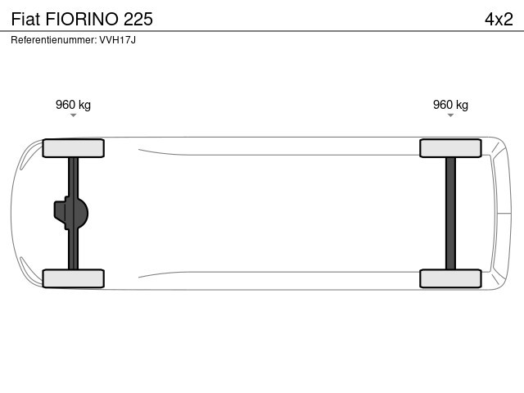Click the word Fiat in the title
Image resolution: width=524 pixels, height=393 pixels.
point(25,19)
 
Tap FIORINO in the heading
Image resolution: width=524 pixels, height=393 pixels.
point(82,19)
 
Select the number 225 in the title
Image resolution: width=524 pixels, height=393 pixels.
point(138,19)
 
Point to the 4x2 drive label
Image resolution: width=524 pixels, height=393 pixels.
point(499,19)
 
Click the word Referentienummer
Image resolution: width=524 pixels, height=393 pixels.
point(53,40)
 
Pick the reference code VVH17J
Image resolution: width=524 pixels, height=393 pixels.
point(117,40)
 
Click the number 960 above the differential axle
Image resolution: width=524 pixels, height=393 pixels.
point(65,105)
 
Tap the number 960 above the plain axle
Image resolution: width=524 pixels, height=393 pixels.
point(443,105)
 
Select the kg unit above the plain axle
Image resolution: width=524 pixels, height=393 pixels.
point(462,105)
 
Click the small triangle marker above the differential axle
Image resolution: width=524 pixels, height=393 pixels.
point(73,115)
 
